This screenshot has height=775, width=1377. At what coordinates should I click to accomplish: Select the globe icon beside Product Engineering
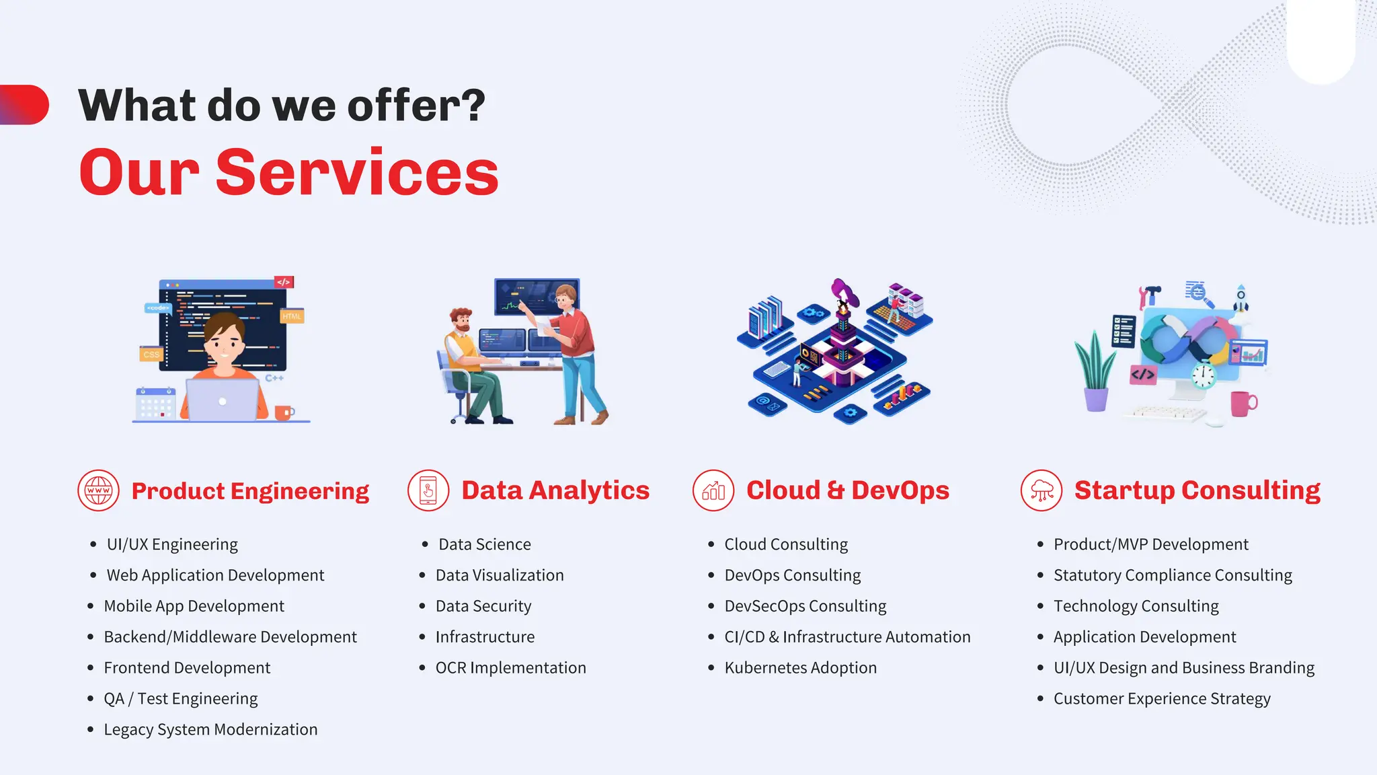pyautogui.click(x=98, y=490)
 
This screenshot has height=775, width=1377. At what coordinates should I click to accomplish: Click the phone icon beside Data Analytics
pyautogui.click(x=428, y=490)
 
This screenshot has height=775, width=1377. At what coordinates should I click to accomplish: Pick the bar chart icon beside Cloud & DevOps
pyautogui.click(x=713, y=490)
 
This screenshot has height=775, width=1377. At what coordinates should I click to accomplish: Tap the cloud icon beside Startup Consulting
pyautogui.click(x=1041, y=490)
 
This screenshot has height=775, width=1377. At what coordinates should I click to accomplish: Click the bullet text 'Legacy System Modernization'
pyautogui.click(x=210, y=729)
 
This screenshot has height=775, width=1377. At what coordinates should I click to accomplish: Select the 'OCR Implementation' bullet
pyautogui.click(x=510, y=667)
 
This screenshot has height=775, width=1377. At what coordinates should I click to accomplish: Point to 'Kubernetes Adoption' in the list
pyautogui.click(x=800, y=667)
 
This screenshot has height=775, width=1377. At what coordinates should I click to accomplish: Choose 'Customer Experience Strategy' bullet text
pyautogui.click(x=1162, y=698)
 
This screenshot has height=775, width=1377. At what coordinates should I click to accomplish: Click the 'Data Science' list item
pyautogui.click(x=484, y=544)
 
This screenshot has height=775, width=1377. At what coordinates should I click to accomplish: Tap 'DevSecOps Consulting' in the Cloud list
pyautogui.click(x=805, y=605)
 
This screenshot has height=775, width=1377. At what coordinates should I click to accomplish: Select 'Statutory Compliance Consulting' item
pyautogui.click(x=1173, y=575)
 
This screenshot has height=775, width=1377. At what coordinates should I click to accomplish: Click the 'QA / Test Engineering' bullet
pyautogui.click(x=180, y=698)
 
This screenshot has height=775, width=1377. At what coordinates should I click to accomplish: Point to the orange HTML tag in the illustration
pyautogui.click(x=292, y=316)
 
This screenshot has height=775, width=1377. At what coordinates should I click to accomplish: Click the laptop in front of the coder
pyautogui.click(x=222, y=400)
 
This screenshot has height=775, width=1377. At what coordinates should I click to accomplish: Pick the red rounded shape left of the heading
pyautogui.click(x=25, y=105)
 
